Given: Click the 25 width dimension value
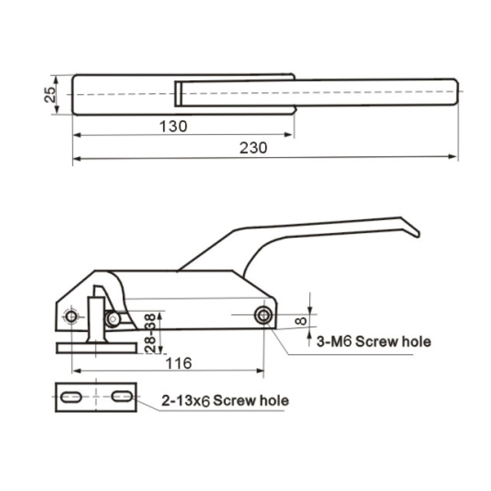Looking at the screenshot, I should (50, 95).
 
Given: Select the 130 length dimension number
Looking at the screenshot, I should (173, 126).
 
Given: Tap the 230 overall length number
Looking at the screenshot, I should (253, 148).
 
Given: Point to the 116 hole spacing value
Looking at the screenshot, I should (179, 363).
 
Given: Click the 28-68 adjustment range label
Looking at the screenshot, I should (150, 334).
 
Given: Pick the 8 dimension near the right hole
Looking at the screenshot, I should (301, 321).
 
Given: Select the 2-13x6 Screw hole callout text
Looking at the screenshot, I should (225, 401).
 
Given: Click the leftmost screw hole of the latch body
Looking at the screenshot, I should (71, 317).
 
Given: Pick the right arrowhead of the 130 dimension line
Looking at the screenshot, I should (288, 135).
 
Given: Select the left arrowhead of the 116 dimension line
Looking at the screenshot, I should (76, 371).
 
